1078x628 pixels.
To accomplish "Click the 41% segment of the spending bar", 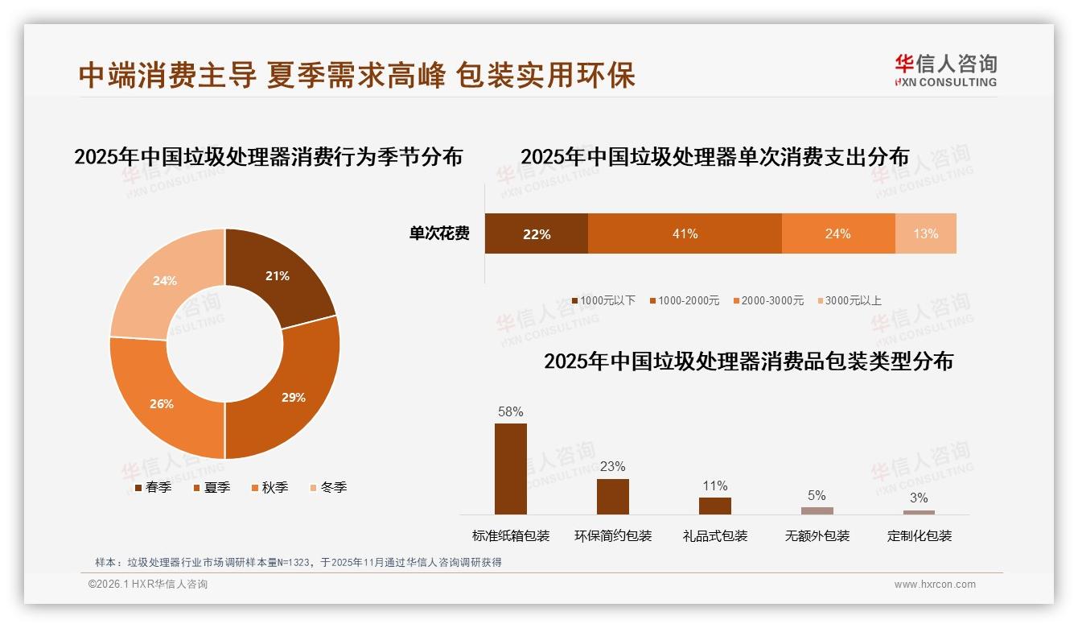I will coord(685,233).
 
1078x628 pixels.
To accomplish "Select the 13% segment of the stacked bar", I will coord(925,233).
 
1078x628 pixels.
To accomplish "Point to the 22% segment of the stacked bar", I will coord(537,233).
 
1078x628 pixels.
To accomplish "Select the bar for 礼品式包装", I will coord(715,506).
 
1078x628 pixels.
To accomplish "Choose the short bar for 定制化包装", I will coord(919,512).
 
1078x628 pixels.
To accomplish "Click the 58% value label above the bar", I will coord(511,411).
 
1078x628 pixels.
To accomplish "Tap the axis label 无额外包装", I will coord(817,535).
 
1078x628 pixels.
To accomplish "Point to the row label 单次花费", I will coord(439,233).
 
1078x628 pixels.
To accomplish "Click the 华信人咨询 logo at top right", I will coord(945,69).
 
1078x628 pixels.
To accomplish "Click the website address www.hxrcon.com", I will coord(935,585).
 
